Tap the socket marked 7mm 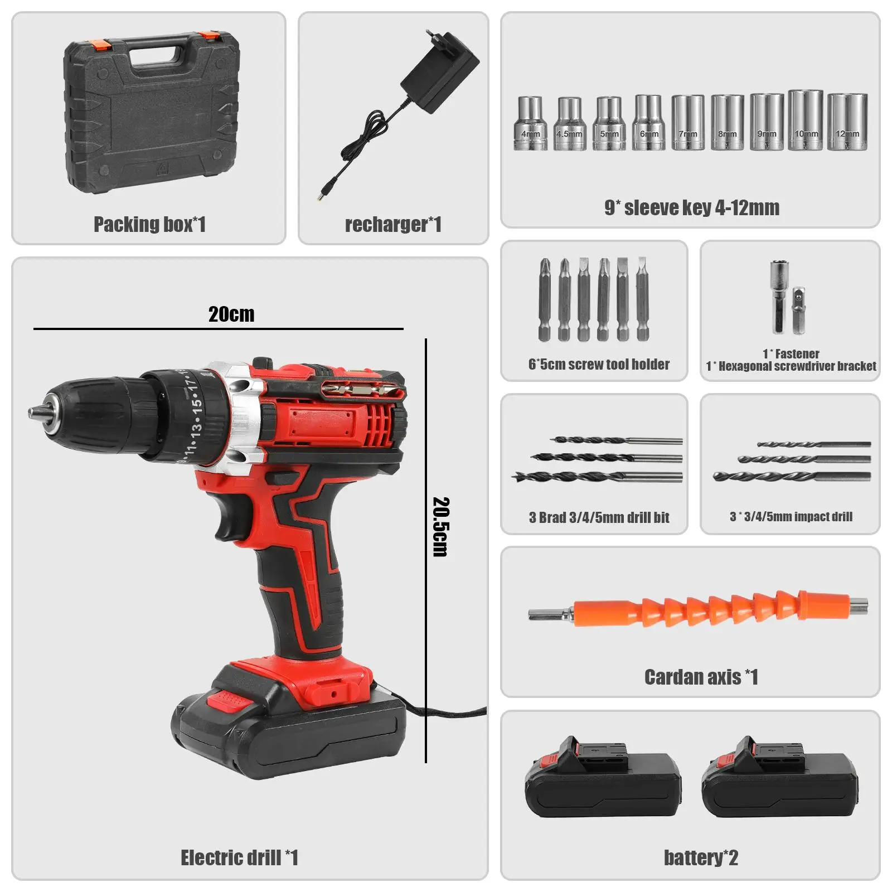pyautogui.click(x=688, y=122)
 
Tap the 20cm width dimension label pyautogui.click(x=231, y=314)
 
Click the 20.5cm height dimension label pyautogui.click(x=440, y=527)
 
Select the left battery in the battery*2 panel pyautogui.click(x=603, y=777)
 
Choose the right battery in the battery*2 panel pyautogui.click(x=779, y=777)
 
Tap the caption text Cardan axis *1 pyautogui.click(x=701, y=677)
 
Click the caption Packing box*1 pyautogui.click(x=149, y=224)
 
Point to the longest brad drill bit pyautogui.click(x=597, y=477)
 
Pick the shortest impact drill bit pyautogui.click(x=814, y=444)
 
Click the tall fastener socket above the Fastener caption pyautogui.click(x=778, y=297)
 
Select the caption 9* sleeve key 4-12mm pyautogui.click(x=692, y=207)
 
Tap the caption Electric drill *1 pyautogui.click(x=239, y=857)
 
